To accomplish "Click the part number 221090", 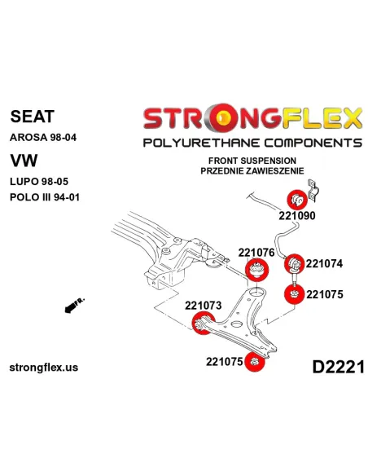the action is click(297, 215).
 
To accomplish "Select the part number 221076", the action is click(256, 253).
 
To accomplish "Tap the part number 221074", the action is click(324, 263).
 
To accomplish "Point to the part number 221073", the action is click(204, 305).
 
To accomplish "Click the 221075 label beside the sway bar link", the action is click(324, 294).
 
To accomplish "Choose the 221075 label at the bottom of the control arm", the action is click(225, 362).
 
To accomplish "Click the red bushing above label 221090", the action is click(297, 200).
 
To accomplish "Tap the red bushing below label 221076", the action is click(256, 270).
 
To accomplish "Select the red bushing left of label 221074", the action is click(295, 264).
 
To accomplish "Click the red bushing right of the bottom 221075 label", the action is click(254, 362).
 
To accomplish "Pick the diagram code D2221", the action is click(339, 367).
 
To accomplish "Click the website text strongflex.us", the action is click(44, 368).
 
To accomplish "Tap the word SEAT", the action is click(32, 117).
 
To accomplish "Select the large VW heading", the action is click(24, 161).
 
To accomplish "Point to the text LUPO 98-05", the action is click(39, 182).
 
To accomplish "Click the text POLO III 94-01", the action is click(45, 197).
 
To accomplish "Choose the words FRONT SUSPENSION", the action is click(252, 161).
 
